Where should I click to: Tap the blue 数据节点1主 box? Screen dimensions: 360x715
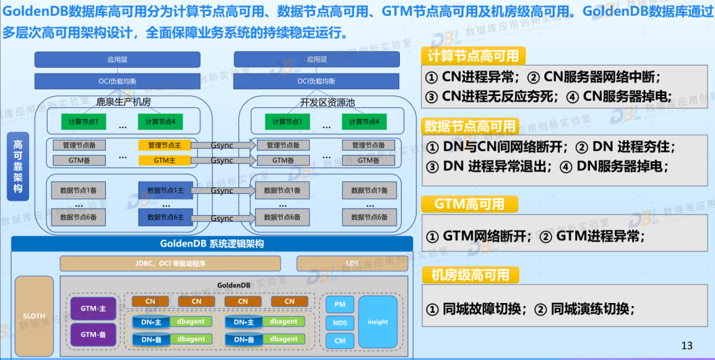coord(165,191)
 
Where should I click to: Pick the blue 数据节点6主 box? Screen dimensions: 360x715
coord(165,217)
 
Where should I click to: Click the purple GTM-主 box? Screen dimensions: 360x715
coord(93,309)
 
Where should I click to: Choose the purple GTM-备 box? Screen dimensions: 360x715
coord(93,335)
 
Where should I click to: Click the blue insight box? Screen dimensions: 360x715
coord(377,322)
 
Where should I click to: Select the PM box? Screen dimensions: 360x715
coord(340,304)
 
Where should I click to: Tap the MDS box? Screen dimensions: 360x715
coord(340,323)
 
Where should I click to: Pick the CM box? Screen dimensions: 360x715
coord(340,341)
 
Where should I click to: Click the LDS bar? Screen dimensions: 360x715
coord(352,263)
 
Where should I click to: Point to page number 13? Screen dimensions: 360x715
coord(687,345)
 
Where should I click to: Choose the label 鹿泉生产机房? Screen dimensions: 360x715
coord(123,102)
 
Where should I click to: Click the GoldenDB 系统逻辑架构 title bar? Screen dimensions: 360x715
coord(212,244)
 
